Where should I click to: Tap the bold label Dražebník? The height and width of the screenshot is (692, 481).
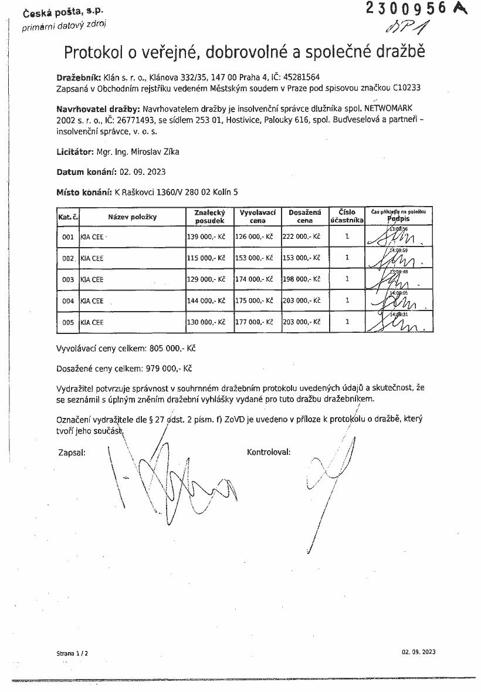[x=79, y=77]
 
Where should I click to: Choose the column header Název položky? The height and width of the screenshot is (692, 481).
[x=132, y=217]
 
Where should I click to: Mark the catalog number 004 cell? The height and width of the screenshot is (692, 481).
[x=67, y=301]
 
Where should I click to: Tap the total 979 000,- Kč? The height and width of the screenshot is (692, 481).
[x=171, y=369]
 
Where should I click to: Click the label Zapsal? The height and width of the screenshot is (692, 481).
[x=72, y=453]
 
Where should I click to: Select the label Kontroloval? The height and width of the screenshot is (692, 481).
[x=269, y=453]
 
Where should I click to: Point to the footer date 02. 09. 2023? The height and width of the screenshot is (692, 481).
[x=419, y=652]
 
